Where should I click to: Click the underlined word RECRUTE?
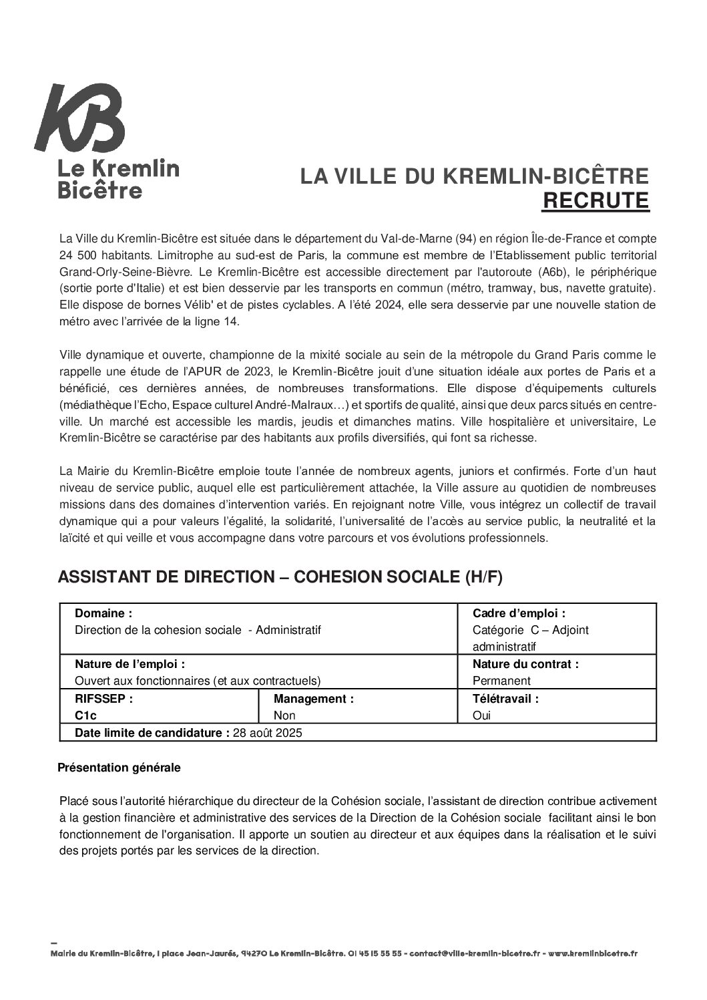[x=595, y=200]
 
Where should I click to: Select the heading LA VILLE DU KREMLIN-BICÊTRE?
[x=474, y=176]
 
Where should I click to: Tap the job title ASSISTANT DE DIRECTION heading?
[x=280, y=578]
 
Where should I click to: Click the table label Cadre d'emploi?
[x=519, y=613]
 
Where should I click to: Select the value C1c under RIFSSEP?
[x=86, y=715]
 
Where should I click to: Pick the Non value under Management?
[x=284, y=715]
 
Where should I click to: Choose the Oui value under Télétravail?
[x=481, y=715]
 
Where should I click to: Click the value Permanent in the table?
[x=501, y=681]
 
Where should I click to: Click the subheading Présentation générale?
[x=120, y=768]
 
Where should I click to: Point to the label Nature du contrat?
[x=525, y=664]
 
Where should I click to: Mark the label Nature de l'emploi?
[x=130, y=664]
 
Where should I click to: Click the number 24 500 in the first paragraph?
[x=76, y=255]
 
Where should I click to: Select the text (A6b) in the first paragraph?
[x=551, y=272]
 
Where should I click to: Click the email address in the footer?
[x=477, y=953]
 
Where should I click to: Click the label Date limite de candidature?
[x=152, y=733]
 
